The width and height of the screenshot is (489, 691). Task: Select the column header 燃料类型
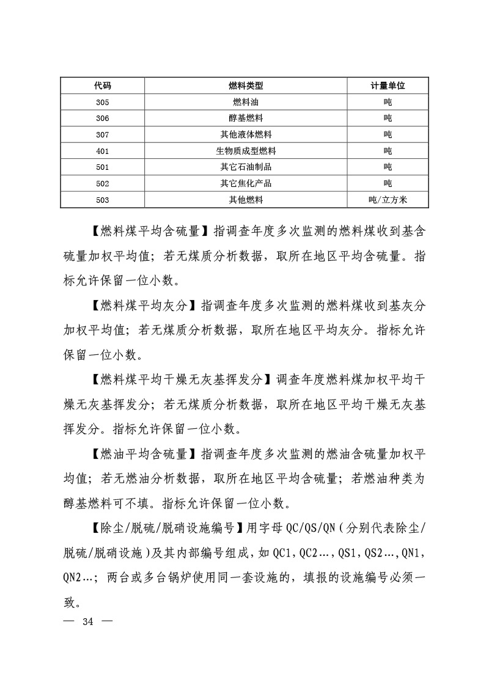pos(249,86)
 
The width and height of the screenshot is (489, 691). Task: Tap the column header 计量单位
pos(388,86)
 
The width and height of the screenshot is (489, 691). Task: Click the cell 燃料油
pos(249,102)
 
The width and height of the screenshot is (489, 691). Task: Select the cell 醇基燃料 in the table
pos(249,118)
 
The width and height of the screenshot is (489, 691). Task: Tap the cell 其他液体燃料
pos(249,134)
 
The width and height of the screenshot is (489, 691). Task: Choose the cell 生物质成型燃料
pos(249,150)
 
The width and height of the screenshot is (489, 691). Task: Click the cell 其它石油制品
pos(249,167)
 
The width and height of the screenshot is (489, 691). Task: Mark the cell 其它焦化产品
pos(249,183)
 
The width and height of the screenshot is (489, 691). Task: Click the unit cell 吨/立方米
pos(388,199)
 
